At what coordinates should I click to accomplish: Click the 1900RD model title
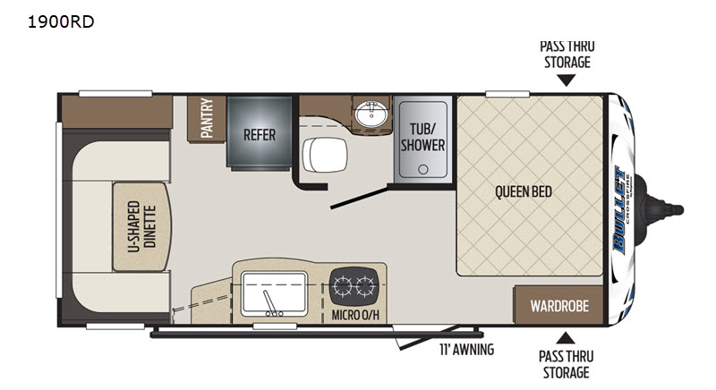(61, 21)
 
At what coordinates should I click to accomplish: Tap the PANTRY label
(207, 118)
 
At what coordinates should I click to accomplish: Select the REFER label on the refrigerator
(260, 135)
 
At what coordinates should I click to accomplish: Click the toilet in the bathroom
(325, 155)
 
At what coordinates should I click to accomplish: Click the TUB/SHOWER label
(422, 137)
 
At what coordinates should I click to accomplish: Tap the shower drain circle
(423, 169)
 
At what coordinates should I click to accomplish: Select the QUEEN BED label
(524, 191)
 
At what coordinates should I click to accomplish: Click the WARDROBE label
(559, 306)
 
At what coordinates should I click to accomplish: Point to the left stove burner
(343, 286)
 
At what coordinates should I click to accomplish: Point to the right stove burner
(365, 286)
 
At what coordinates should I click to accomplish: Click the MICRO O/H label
(355, 315)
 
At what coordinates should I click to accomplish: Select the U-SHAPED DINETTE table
(142, 226)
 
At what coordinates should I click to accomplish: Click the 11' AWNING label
(466, 350)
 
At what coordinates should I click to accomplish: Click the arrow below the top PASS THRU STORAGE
(567, 81)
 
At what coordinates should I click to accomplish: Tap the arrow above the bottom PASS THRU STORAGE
(566, 338)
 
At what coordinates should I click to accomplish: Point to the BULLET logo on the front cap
(619, 209)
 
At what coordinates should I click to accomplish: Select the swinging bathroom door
(360, 198)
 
